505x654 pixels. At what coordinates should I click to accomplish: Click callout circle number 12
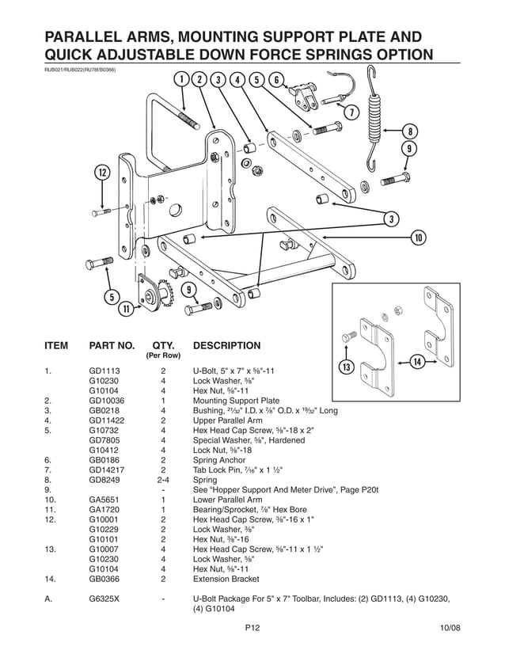[x=102, y=173]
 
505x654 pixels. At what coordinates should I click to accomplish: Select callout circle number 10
[x=419, y=237]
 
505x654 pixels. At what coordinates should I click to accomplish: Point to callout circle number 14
[x=417, y=362]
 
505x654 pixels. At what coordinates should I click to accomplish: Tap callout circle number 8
[x=409, y=131]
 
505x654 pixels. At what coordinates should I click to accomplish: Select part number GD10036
[x=106, y=401]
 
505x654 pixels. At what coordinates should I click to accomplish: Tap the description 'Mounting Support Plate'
[x=236, y=401]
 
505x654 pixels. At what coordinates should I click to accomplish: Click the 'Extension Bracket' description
[x=226, y=580]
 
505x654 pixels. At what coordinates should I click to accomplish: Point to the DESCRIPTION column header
[x=226, y=346]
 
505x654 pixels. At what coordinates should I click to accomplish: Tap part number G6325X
[x=104, y=599]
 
